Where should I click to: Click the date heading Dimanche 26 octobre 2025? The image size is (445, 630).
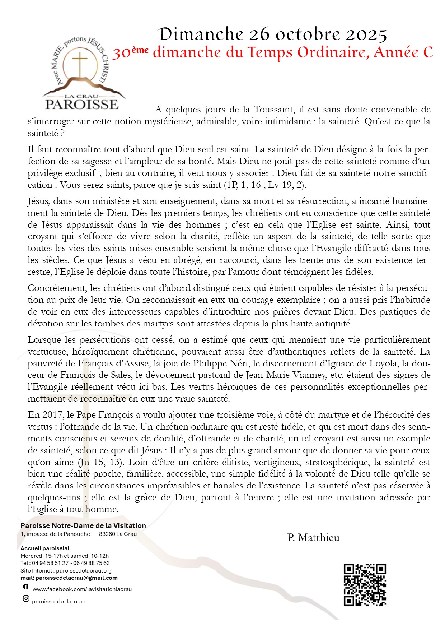point(273,34)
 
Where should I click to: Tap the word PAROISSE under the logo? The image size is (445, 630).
point(82,105)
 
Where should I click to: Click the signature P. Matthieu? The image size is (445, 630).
point(313,538)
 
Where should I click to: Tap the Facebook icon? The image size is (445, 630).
point(26,587)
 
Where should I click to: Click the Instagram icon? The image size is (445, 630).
point(26,598)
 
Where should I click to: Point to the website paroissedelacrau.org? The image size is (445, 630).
point(84,570)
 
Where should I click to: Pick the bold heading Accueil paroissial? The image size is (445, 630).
point(45,548)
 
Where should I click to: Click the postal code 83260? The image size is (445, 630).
point(107,534)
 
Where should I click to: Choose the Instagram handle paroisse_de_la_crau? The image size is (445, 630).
point(59,602)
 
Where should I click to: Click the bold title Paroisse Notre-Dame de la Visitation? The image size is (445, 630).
point(83,525)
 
